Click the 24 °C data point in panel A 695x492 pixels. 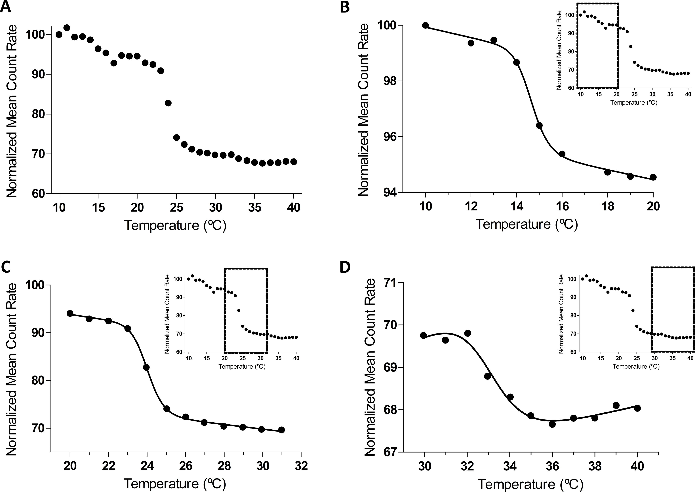(x=168, y=103)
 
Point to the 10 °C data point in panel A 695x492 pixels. (x=59, y=35)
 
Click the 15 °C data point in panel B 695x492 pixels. (x=539, y=125)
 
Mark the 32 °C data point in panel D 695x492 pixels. (x=468, y=333)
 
